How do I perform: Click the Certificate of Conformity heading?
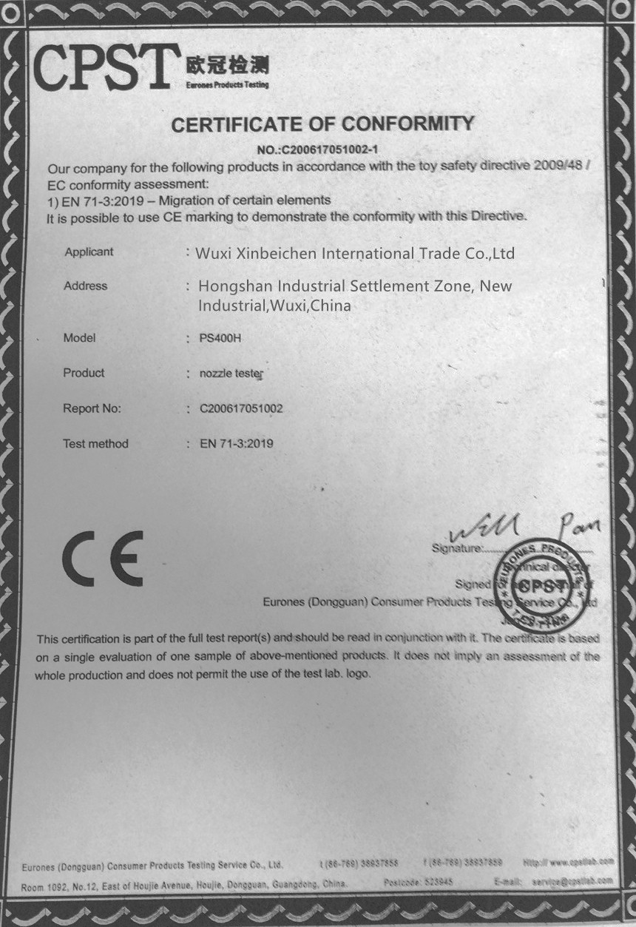[x=322, y=124]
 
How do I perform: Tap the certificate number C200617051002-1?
[x=322, y=149]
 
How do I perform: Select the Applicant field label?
[x=89, y=252]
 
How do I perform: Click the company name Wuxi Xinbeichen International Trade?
[x=355, y=254]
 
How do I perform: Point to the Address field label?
[x=85, y=286]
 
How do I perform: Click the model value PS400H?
[x=221, y=338]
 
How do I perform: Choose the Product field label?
[x=84, y=373]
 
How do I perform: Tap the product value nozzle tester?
[x=231, y=374]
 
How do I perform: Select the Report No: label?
[x=92, y=408]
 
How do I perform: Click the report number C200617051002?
[x=241, y=408]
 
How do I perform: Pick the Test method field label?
[x=95, y=444]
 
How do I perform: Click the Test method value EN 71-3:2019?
[x=237, y=444]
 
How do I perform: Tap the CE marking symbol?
[x=102, y=558]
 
